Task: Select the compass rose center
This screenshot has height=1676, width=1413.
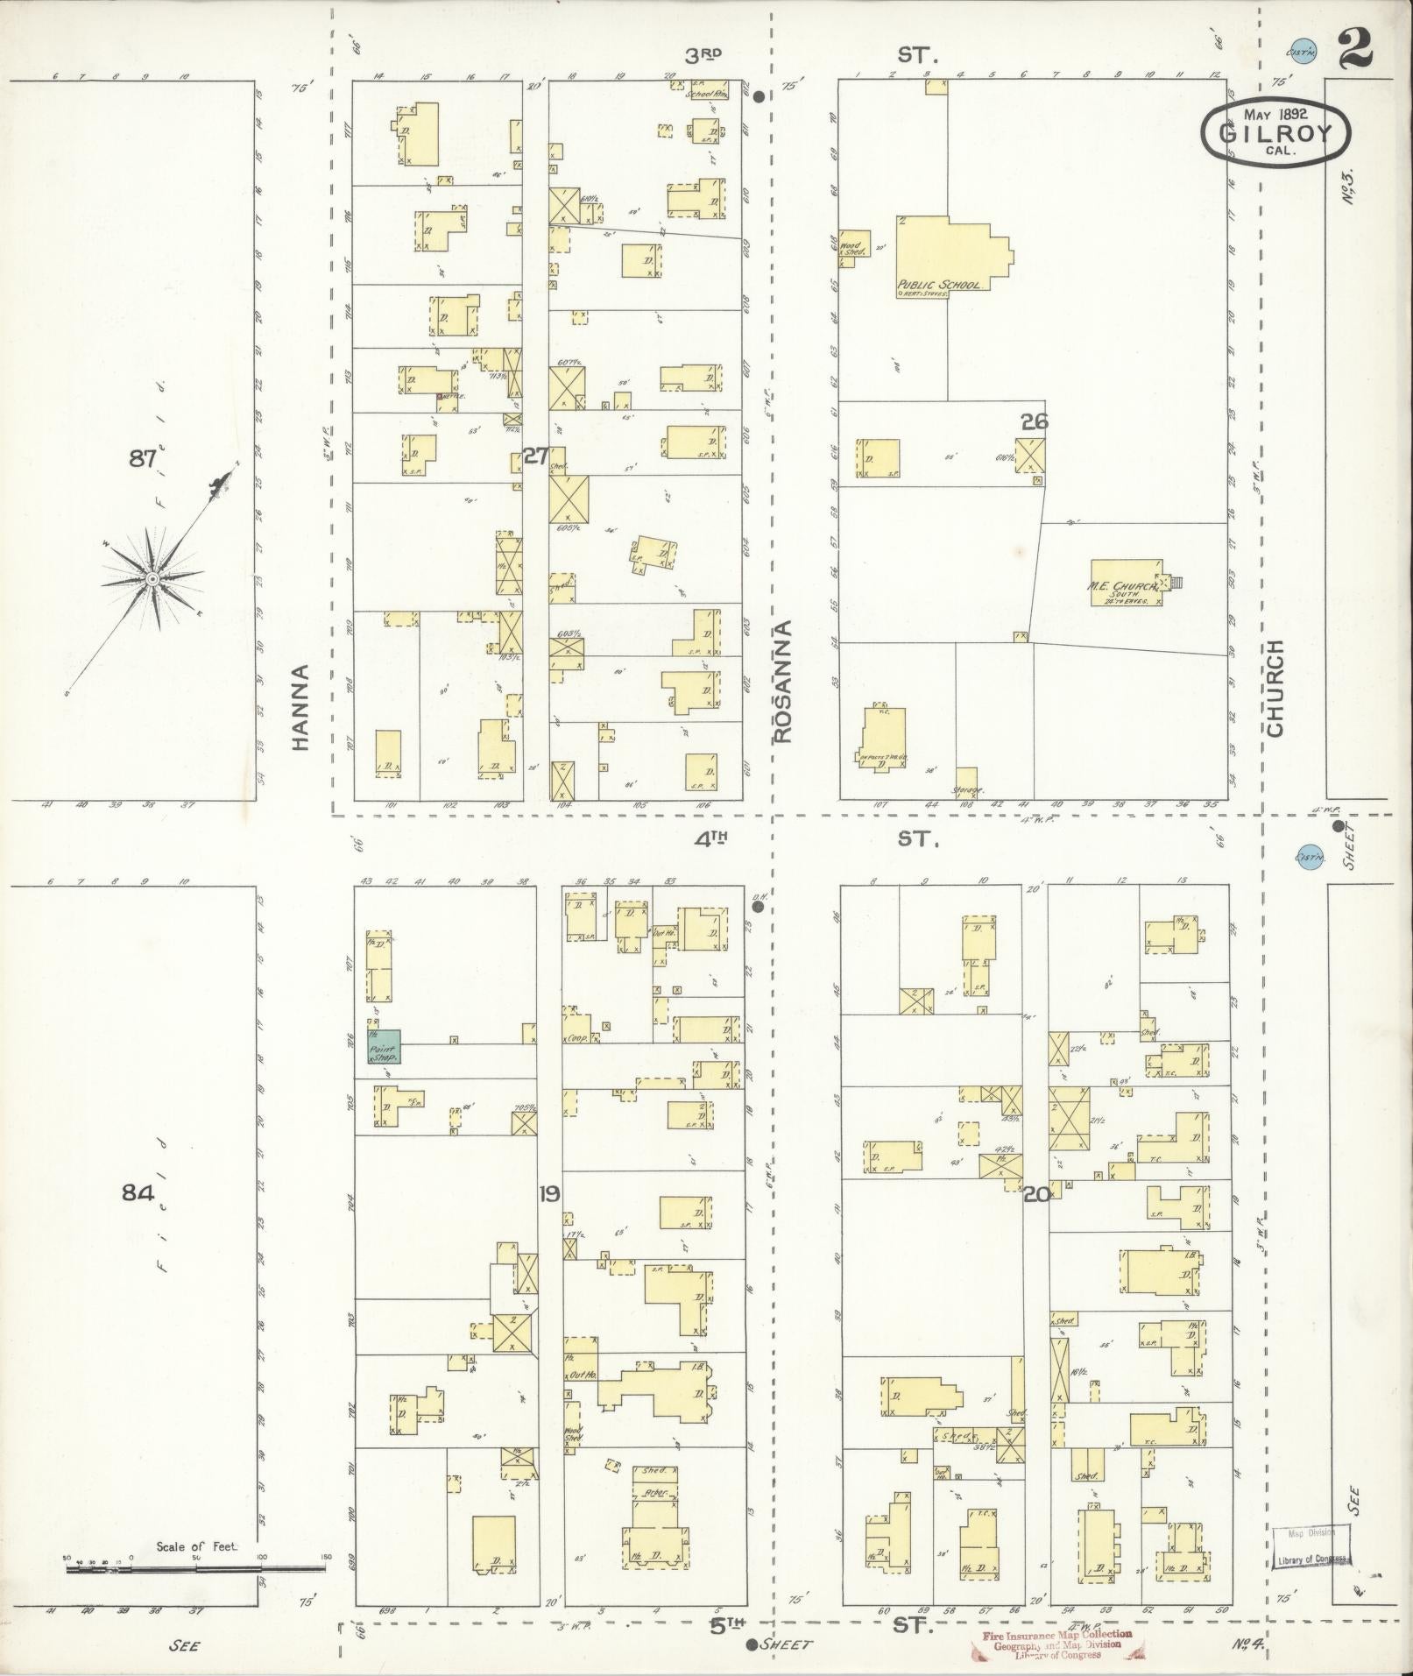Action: (x=152, y=579)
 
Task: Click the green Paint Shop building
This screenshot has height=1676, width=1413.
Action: (x=384, y=1047)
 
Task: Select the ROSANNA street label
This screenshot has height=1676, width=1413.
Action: (x=782, y=682)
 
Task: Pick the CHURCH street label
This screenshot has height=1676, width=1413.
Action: (x=1275, y=688)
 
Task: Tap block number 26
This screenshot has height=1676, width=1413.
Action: (x=1034, y=422)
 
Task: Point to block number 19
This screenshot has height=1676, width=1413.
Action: (x=549, y=1193)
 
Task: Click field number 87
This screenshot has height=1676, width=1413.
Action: (x=142, y=457)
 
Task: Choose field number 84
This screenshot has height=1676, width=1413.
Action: (x=138, y=1192)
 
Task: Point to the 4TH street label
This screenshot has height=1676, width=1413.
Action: (x=711, y=838)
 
